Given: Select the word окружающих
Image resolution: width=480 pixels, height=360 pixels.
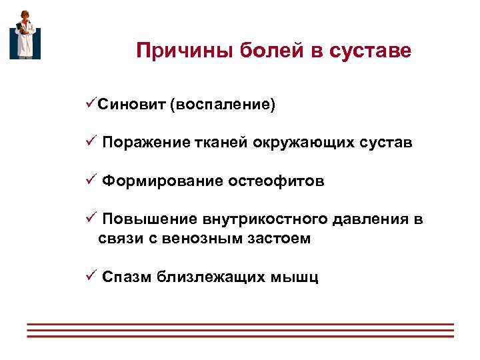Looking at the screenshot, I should [305, 143].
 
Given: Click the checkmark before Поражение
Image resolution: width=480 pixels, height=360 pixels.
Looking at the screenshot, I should [91, 142].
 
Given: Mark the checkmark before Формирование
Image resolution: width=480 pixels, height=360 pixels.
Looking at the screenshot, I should [91, 181].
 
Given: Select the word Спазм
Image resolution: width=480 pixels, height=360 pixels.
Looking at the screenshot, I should [127, 277].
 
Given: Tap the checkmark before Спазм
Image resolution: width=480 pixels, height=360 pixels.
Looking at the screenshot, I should [91, 275].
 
